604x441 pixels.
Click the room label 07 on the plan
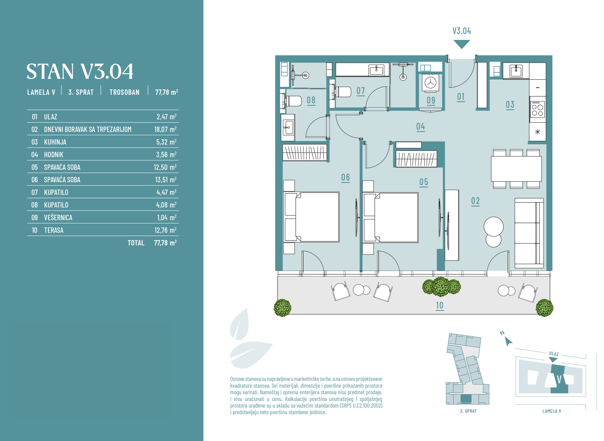pyautogui.click(x=360, y=91)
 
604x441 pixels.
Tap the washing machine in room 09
pyautogui.click(x=430, y=83)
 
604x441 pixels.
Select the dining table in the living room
pyautogui.click(x=516, y=169)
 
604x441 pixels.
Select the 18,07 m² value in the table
pyautogui.click(x=165, y=129)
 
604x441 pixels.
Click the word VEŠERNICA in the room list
pyautogui.click(x=58, y=217)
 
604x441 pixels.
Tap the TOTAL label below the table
pyautogui.click(x=136, y=243)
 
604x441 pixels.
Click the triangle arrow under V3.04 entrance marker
pyautogui.click(x=462, y=44)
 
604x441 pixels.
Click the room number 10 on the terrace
pyautogui.click(x=439, y=305)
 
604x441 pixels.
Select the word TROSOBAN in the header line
pyautogui.click(x=124, y=92)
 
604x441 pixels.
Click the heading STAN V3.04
pyautogui.click(x=80, y=71)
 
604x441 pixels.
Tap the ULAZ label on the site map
pyautogui.click(x=554, y=354)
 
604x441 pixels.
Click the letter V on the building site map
pyautogui.click(x=559, y=379)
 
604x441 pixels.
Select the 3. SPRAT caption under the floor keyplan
pyautogui.click(x=468, y=411)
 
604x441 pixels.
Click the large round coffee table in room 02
pyautogui.click(x=494, y=226)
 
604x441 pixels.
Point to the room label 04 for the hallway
pyautogui.click(x=420, y=126)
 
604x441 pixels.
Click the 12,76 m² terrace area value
pyautogui.click(x=165, y=230)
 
